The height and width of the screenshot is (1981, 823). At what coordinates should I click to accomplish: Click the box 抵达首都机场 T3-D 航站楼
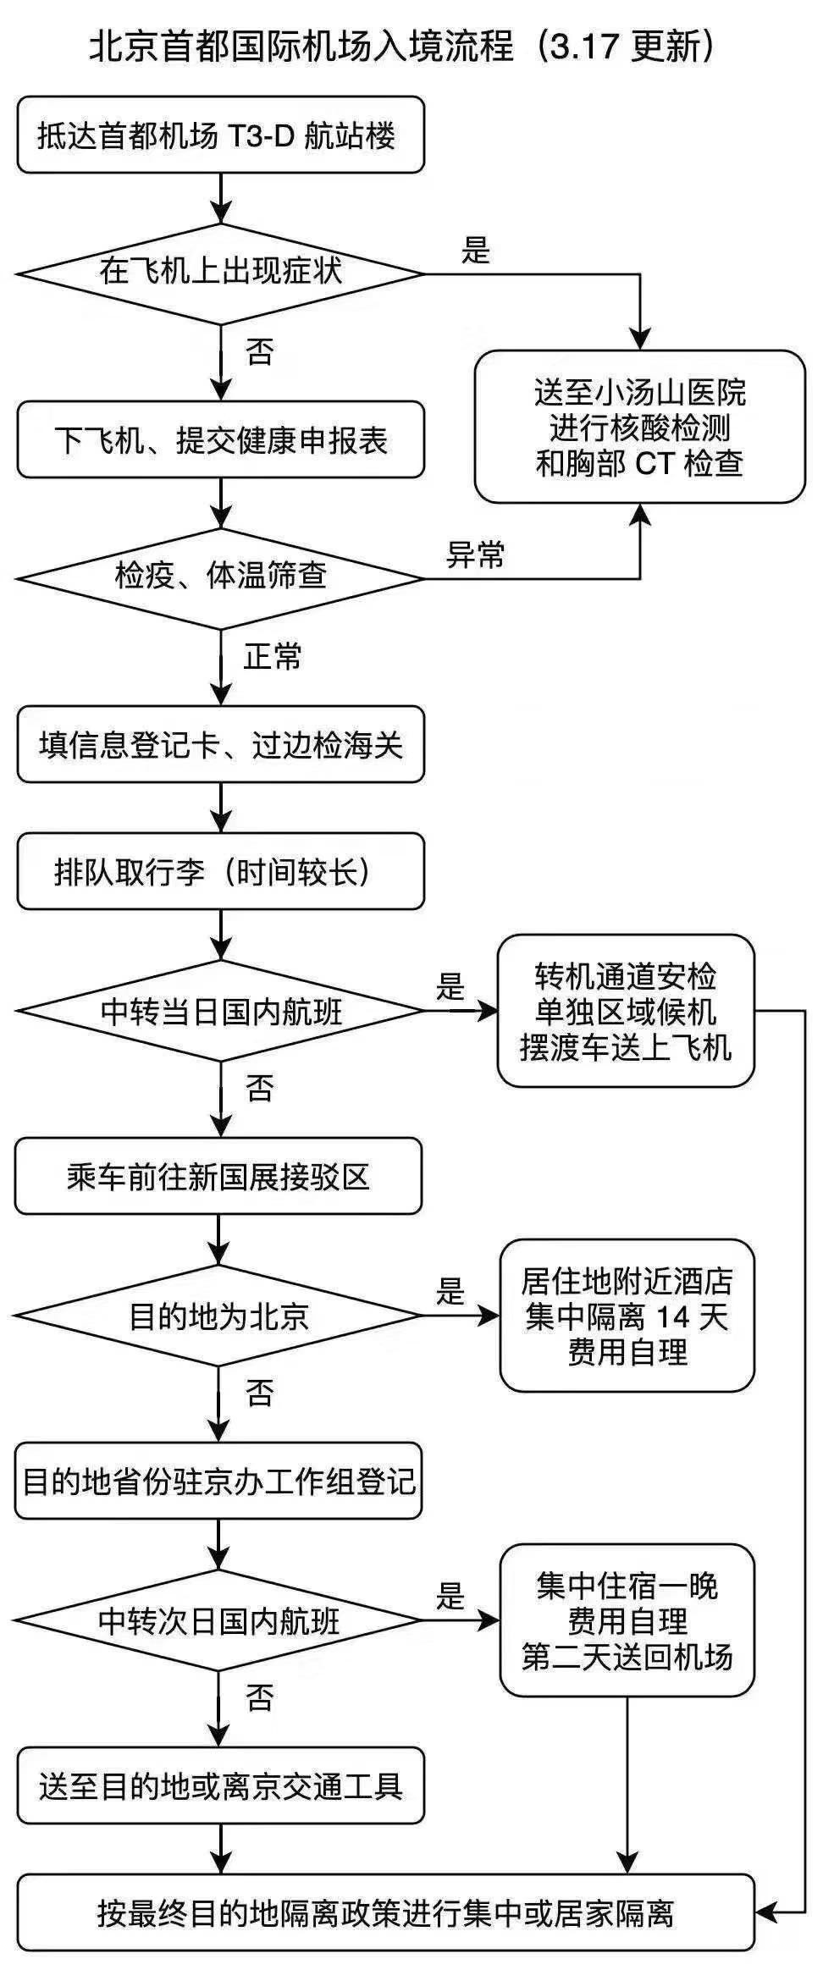click(220, 135)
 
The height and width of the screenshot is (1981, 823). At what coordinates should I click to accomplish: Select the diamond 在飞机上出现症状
click(220, 273)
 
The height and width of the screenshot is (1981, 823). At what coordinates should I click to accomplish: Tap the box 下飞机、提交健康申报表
click(220, 440)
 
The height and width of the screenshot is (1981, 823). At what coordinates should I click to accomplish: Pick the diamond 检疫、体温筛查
click(220, 578)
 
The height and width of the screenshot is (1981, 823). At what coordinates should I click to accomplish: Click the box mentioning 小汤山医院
click(639, 427)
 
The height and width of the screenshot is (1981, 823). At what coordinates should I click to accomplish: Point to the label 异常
click(476, 555)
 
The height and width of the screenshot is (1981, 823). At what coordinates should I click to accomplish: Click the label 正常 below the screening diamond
click(273, 657)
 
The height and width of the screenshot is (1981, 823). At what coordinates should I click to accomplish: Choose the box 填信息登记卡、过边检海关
click(220, 744)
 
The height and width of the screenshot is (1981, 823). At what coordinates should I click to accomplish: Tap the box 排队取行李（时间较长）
click(220, 871)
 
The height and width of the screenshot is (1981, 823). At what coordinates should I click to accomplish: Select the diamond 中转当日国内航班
click(220, 1010)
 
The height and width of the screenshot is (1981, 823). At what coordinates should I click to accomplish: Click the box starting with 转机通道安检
click(625, 1011)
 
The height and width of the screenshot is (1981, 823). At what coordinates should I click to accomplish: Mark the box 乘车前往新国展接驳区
click(218, 1176)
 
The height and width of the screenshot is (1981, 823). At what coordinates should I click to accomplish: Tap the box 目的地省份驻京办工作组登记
click(218, 1481)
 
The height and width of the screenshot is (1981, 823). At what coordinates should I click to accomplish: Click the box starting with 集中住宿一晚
click(627, 1620)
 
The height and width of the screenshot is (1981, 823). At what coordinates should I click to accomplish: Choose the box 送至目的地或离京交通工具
click(220, 1785)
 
